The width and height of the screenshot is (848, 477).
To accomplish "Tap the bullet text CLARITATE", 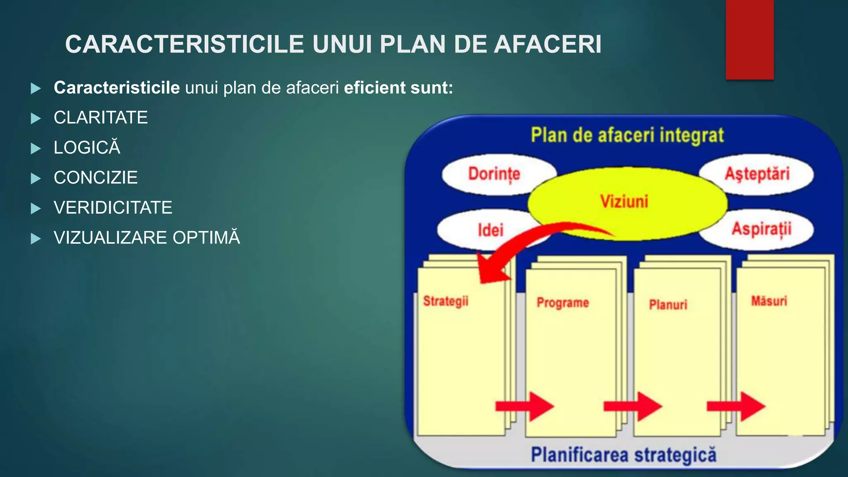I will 101,118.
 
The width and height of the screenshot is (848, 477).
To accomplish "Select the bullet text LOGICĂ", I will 87,148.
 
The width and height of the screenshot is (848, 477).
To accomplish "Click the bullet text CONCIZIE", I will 96,178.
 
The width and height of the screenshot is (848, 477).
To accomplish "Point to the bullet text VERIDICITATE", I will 113,207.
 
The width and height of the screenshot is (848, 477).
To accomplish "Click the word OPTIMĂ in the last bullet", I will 206,238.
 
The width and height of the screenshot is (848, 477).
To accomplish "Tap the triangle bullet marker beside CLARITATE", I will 36,118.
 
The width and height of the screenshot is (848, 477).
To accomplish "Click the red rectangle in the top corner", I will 749,39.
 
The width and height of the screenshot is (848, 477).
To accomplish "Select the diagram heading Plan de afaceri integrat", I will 627,136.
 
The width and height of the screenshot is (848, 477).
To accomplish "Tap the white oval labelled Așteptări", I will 757,174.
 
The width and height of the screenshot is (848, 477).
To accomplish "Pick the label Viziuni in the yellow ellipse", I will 624,202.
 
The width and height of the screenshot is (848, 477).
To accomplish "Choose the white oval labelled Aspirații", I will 761,229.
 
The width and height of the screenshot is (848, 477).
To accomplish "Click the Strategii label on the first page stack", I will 446,301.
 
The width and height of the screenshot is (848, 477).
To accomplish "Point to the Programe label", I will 563,303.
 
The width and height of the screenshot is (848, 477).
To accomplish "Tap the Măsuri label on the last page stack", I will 769,301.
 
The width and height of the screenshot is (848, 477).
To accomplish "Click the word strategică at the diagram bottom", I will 675,455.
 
